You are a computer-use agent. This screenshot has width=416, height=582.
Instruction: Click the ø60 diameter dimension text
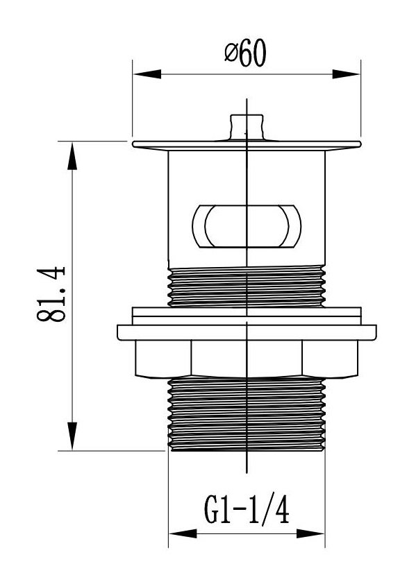(x=246, y=53)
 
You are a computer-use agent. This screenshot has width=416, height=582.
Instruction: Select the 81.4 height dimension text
(x=51, y=294)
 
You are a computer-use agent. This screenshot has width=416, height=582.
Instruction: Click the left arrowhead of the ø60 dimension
(x=147, y=74)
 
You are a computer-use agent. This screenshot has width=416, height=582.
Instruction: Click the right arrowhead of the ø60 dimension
(x=346, y=74)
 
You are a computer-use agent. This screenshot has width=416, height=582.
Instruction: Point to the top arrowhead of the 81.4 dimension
(x=72, y=156)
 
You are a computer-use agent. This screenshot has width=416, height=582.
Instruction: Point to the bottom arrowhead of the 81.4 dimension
(x=72, y=436)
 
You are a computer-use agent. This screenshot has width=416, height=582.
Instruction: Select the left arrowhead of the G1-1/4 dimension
(x=183, y=534)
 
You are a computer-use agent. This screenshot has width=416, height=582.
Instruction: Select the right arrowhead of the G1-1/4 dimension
(x=310, y=534)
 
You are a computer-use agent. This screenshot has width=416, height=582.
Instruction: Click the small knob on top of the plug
(x=247, y=127)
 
